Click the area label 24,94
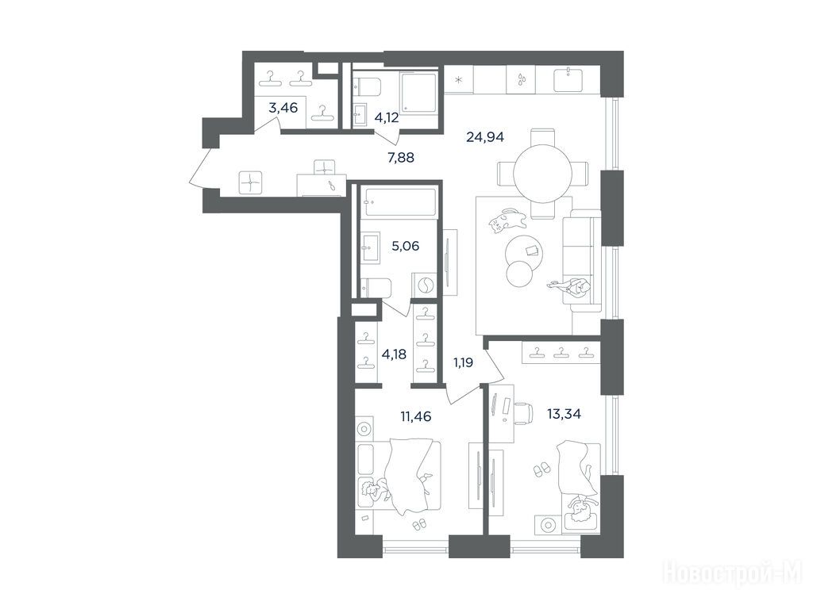485,137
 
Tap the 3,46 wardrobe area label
283,108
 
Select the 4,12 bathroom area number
387,117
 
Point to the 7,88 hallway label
401,158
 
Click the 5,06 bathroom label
405,246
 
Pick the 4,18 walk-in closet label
394,354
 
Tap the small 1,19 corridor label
463,362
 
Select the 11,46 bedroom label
416,416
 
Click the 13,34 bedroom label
564,413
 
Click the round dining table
543,173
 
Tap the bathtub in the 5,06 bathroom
399,202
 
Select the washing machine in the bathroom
424,285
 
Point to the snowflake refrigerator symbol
458,80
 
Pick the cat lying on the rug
507,221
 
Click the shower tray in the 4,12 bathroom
418,91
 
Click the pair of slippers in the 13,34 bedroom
541,469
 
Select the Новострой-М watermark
733,575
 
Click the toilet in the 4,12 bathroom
367,86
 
